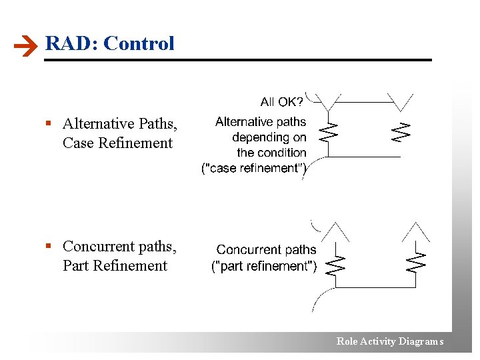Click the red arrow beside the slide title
click(x=25, y=46)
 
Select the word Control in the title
click(x=139, y=43)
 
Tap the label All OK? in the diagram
click(x=281, y=102)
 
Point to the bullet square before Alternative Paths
click(x=48, y=124)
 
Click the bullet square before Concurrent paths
click(x=48, y=247)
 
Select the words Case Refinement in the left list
click(x=117, y=143)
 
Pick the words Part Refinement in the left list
click(x=115, y=266)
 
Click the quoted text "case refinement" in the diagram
click(x=254, y=169)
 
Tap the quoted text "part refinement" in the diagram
click(x=264, y=267)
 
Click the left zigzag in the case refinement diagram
click(x=328, y=131)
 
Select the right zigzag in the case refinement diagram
click(x=400, y=131)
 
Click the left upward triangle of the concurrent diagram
click(x=336, y=232)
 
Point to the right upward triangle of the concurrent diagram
click(x=417, y=232)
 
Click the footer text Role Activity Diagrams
click(x=389, y=341)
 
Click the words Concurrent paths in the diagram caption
click(x=266, y=250)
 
